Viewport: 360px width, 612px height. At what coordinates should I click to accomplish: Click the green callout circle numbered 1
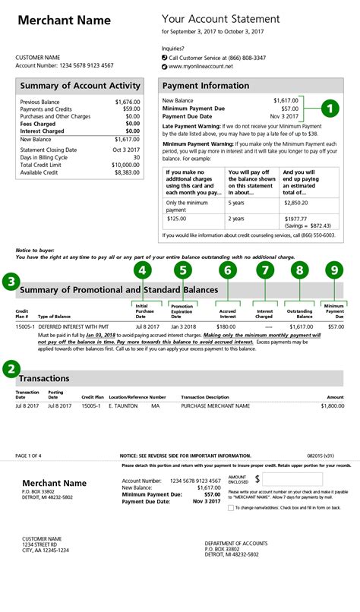click(329, 109)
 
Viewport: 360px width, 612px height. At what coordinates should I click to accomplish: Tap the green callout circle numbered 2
click(11, 369)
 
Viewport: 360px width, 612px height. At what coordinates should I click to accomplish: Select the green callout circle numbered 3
click(11, 282)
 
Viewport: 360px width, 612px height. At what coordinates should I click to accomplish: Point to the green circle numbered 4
click(141, 269)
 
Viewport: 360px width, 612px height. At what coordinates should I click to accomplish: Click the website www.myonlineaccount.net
click(201, 67)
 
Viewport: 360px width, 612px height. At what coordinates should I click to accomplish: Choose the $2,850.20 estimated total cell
click(295, 204)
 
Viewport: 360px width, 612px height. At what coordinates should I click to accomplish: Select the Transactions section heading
click(44, 378)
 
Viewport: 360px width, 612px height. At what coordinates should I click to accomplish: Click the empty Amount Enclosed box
click(292, 479)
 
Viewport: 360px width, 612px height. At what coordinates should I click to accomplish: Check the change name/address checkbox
click(230, 507)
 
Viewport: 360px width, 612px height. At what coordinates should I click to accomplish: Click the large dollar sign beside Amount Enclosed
click(257, 479)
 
